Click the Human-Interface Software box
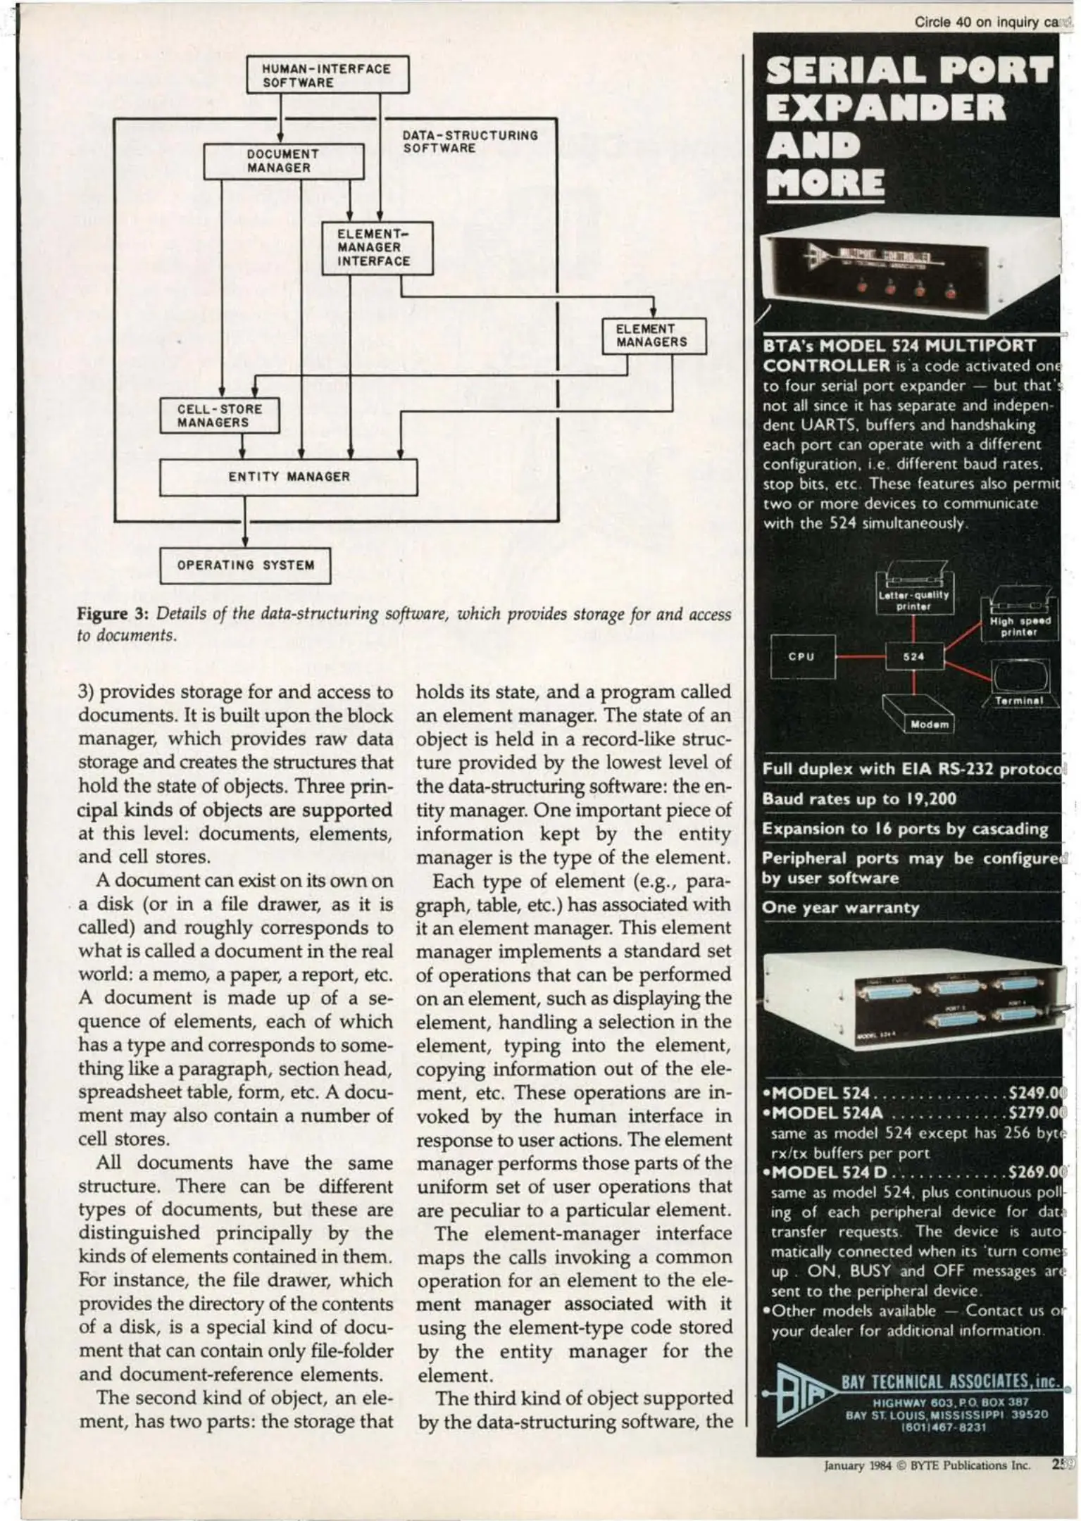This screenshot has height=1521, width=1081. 327,75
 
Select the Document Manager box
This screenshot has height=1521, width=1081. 284,161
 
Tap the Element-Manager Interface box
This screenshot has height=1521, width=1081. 377,248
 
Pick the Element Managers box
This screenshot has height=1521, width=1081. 654,335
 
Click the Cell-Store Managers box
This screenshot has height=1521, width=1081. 220,415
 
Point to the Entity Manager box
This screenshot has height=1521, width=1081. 288,477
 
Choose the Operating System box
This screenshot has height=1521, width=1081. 245,565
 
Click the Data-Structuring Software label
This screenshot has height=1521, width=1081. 470,141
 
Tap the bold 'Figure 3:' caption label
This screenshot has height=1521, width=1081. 112,613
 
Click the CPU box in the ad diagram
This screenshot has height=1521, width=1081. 802,656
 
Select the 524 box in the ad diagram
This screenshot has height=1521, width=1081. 913,656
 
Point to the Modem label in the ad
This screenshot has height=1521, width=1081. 930,725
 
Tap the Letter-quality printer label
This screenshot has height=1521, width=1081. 913,600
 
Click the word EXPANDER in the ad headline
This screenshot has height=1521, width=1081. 885,108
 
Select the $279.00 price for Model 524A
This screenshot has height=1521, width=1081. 1037,1113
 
